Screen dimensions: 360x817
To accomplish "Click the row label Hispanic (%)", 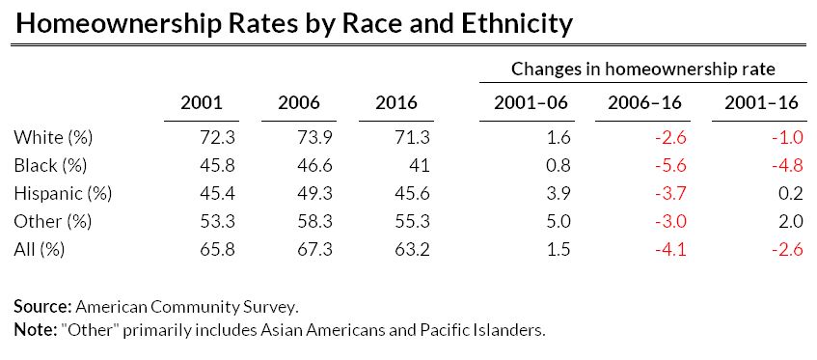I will point(63,193).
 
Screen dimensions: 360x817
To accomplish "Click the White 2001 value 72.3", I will point(218,137).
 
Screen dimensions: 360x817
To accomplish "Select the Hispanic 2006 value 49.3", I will point(315,193).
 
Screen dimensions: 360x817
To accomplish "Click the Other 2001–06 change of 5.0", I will point(559,221).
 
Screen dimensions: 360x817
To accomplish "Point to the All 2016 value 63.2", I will point(413,249).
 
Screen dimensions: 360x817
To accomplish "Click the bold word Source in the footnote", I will point(41,307).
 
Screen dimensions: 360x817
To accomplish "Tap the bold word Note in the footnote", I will point(35,330).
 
